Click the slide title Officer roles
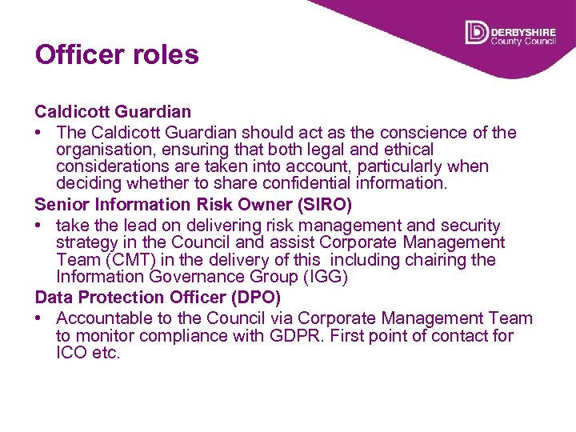pos(117,55)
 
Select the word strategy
pos(87,242)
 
